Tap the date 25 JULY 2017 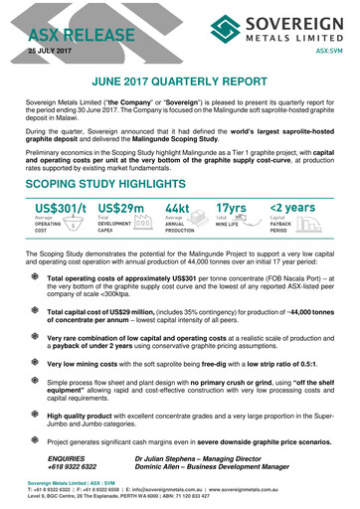click(x=51, y=50)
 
